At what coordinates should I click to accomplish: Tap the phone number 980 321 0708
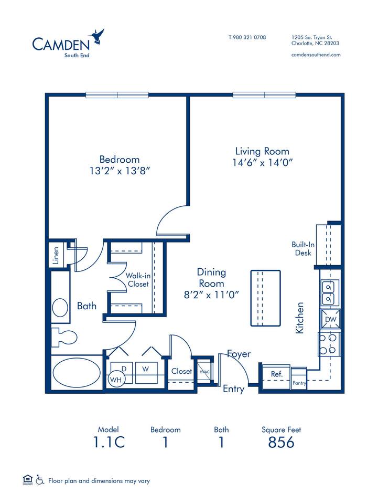(x=247, y=37)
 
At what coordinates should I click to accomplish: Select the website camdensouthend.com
(x=316, y=55)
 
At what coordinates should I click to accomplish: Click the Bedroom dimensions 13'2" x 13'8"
(x=120, y=171)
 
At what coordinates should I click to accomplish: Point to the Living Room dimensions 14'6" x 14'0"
(x=263, y=163)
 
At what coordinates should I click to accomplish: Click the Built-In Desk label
(x=302, y=249)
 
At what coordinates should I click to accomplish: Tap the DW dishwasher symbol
(x=330, y=319)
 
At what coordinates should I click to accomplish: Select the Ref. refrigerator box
(x=276, y=374)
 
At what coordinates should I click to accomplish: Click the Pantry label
(x=299, y=383)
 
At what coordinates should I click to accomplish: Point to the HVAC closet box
(x=203, y=372)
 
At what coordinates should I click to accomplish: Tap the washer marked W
(x=146, y=369)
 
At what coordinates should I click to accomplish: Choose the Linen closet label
(x=56, y=256)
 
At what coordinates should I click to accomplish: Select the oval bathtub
(x=78, y=373)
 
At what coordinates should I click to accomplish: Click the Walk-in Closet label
(x=137, y=279)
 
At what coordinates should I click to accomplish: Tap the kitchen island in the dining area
(x=265, y=298)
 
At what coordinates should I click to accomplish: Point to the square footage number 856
(x=281, y=443)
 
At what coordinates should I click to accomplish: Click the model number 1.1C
(x=109, y=443)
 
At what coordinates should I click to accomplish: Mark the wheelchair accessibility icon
(x=39, y=479)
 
